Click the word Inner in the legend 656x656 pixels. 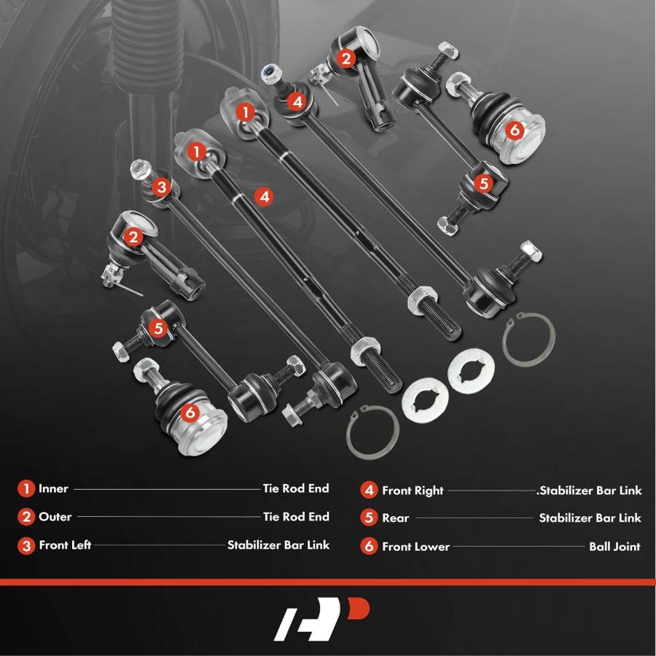53,488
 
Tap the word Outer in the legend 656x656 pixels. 55,517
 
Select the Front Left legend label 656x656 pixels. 65,544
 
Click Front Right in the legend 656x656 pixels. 413,491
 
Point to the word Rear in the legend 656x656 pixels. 395,518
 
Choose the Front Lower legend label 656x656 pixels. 416,547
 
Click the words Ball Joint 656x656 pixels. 614,547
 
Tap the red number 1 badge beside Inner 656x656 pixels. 26,488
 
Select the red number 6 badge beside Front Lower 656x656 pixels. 369,546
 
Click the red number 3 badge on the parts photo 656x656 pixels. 162,187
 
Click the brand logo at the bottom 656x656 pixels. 321,619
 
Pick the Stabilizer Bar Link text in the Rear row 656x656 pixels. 590,518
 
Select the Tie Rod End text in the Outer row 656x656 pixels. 296,517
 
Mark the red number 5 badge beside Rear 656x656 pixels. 369,518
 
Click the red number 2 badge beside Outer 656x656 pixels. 26,517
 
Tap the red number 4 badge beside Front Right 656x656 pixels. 369,490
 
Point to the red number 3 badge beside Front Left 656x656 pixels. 26,545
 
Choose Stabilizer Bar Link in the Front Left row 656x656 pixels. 278,544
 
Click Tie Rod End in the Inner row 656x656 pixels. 296,488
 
